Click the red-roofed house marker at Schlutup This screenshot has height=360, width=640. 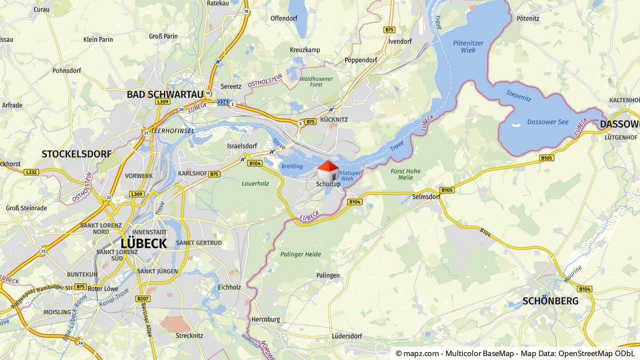(328, 171)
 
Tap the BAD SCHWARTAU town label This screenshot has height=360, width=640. (165, 94)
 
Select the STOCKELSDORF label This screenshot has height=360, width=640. (76, 154)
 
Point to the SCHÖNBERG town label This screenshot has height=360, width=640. (550, 301)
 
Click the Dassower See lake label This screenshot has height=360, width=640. (548, 122)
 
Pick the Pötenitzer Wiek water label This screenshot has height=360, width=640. (468, 47)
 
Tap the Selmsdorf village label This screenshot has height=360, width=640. (426, 196)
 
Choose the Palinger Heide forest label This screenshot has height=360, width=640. (300, 254)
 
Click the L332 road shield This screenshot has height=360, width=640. (32, 172)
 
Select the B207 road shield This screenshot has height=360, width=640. (143, 299)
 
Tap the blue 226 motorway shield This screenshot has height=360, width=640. (223, 103)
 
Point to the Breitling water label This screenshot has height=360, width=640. (292, 166)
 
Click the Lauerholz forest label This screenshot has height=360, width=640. (255, 183)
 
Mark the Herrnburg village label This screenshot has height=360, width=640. (266, 319)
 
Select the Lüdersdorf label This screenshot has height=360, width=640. (347, 336)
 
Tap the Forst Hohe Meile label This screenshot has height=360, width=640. (405, 174)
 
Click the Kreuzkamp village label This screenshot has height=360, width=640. (305, 50)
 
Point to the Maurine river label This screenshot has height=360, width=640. (573, 274)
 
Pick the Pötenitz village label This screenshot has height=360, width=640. (528, 19)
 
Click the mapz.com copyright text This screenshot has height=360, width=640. (515, 353)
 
